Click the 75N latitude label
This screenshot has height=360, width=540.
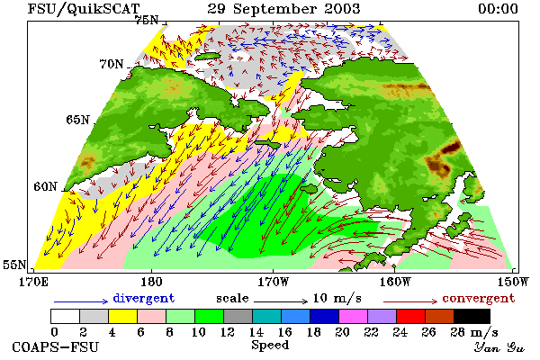147,21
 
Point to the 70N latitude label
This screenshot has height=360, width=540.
112,64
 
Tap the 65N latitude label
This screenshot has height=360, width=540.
77,120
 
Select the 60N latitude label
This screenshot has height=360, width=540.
45,186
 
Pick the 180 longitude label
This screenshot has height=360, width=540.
151,282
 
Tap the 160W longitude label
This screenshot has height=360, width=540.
395,282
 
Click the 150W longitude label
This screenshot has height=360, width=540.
513,282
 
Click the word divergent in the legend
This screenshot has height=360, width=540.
144,298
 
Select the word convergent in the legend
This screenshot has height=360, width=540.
479,298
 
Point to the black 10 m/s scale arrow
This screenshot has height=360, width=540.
281,301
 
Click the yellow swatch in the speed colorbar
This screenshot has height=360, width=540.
122,316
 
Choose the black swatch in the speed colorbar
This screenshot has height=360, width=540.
472,316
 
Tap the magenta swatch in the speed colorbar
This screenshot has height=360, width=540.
354,316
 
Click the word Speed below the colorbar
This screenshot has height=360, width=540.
270,346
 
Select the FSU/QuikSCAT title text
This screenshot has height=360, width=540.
84,9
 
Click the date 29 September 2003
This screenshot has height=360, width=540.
283,9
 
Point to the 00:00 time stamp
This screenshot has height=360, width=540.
498,9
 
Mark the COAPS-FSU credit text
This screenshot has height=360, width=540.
56,346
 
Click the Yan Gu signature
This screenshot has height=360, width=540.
499,347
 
